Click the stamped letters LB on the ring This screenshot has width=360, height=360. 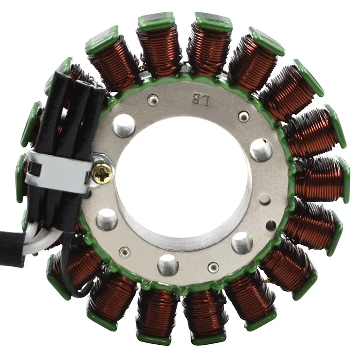pyautogui.click(x=201, y=100)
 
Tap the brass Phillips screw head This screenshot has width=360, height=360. pyautogui.click(x=102, y=173)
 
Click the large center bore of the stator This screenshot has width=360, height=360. pyautogui.click(x=184, y=181)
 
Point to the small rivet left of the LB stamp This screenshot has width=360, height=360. pyautogui.click(x=153, y=99)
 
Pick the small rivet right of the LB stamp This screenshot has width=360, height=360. pyautogui.click(x=244, y=117)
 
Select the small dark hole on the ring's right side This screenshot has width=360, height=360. pyautogui.click(x=271, y=224)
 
